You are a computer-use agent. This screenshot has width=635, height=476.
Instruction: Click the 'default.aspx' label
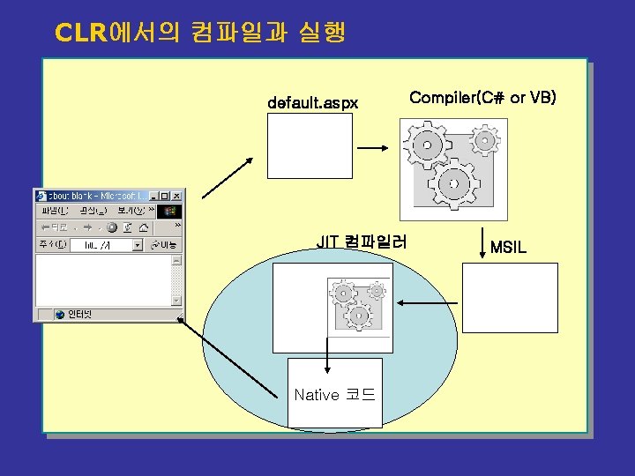pyautogui.click(x=313, y=103)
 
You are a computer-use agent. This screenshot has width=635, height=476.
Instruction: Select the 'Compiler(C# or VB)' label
pyautogui.click(x=482, y=97)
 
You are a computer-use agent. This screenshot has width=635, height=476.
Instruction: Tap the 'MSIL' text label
pyautogui.click(x=508, y=248)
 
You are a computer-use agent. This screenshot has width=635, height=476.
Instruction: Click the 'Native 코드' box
pyautogui.click(x=335, y=394)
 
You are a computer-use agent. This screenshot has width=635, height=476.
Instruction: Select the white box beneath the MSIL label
pyautogui.click(x=511, y=297)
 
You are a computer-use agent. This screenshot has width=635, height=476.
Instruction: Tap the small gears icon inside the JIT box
pyautogui.click(x=356, y=305)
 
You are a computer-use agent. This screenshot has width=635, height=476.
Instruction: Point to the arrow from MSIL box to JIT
pyautogui.click(x=427, y=303)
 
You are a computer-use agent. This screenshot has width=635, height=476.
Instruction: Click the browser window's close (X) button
pyautogui.click(x=176, y=196)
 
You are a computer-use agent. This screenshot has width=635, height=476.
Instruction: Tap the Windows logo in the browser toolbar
pyautogui.click(x=171, y=212)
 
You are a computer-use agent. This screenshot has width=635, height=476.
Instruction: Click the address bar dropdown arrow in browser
pyautogui.click(x=137, y=244)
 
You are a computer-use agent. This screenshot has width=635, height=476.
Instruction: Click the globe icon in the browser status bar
pyautogui.click(x=60, y=314)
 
